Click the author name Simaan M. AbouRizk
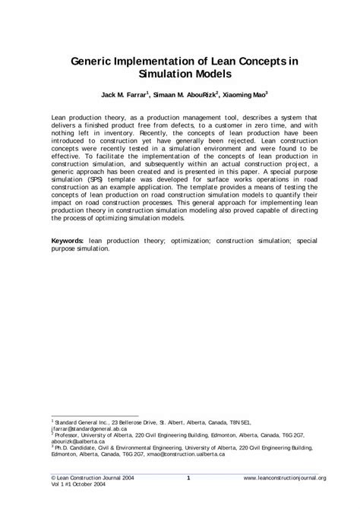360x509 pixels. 181,97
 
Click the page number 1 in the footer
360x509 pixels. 188,477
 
